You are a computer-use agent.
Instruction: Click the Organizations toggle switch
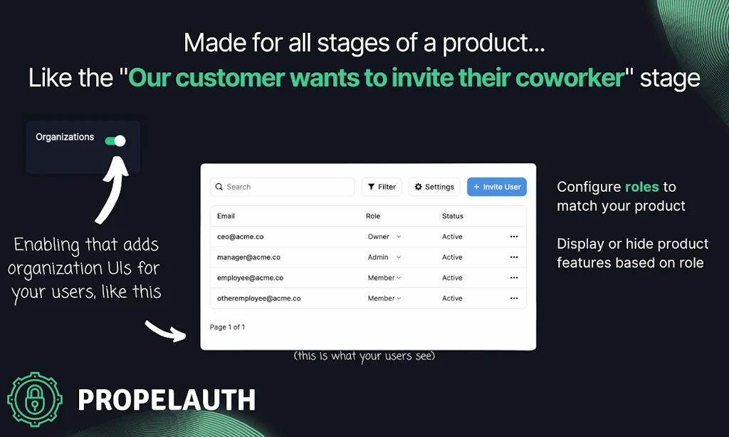[115, 141]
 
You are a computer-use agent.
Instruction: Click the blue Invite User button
[497, 187]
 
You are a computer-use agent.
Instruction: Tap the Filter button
[382, 187]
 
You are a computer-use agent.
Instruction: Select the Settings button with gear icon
[434, 187]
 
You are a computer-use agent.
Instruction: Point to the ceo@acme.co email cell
[240, 237]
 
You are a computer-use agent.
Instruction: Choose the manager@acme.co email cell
[248, 257]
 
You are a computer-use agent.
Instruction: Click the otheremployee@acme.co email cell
[258, 299]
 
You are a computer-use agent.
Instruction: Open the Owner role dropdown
[384, 237]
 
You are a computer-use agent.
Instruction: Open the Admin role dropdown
[384, 257]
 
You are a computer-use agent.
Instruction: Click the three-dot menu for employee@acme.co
[514, 278]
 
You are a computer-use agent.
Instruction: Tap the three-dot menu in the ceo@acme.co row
[514, 237]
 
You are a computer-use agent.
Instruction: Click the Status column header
[452, 216]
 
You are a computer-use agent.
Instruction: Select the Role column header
[373, 216]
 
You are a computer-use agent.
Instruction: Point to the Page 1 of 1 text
[227, 327]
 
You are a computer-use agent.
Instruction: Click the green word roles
[642, 187]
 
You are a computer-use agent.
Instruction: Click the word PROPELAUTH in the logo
[166, 401]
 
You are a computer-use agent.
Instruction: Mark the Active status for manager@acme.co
[452, 257]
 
